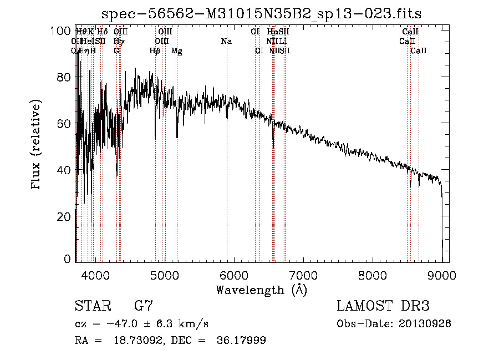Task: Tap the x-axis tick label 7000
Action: tap(303, 275)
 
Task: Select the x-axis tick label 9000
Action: tap(441, 275)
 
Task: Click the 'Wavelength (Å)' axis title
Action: tap(261, 290)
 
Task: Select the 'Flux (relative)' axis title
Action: tap(37, 145)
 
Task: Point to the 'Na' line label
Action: tap(226, 42)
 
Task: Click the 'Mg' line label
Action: tap(177, 51)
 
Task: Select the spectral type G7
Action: tap(144, 306)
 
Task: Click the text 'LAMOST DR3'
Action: tap(383, 306)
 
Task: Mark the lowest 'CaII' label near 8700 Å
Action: tap(419, 51)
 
